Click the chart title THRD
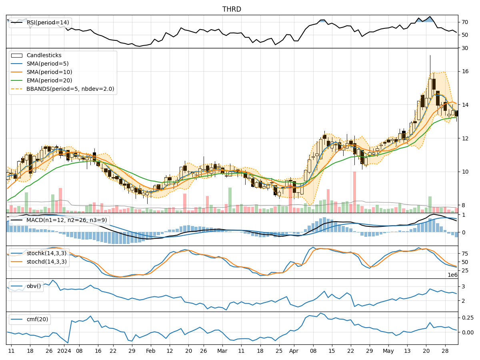[x=232, y=9]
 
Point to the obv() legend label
[x=34, y=286]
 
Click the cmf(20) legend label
[x=36, y=319]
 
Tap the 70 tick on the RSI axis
[x=465, y=22]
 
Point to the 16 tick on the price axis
[x=465, y=71]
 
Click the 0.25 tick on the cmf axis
[x=468, y=317]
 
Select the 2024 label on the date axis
[x=64, y=351]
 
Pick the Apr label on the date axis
[x=294, y=351]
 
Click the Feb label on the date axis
[x=150, y=351]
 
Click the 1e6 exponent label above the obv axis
[x=452, y=275]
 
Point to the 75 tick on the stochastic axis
[x=465, y=254]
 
